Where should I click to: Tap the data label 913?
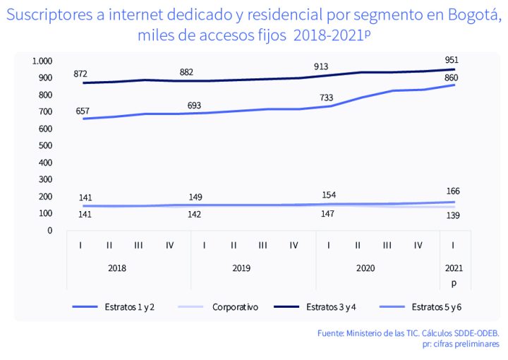[322, 67]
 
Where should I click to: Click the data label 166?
[454, 191]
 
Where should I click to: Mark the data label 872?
[83, 74]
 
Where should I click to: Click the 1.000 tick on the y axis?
[42, 61]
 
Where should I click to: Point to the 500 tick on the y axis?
[46, 145]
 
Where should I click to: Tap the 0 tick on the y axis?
[50, 230]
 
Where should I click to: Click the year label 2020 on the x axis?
[365, 269]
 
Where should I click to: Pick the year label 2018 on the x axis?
[117, 269]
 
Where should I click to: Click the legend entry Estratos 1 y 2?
[132, 308]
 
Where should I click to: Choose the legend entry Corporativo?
[235, 308]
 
